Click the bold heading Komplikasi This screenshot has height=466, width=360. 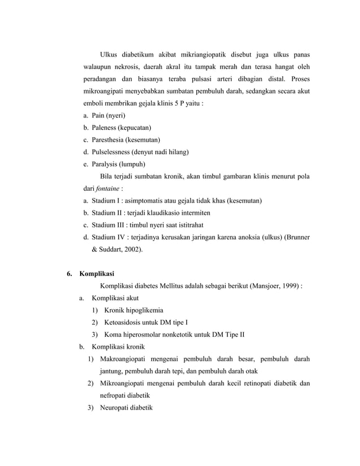coord(97,274)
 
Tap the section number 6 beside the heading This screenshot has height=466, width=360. coord(68,274)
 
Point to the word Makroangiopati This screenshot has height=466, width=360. coord(125,359)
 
